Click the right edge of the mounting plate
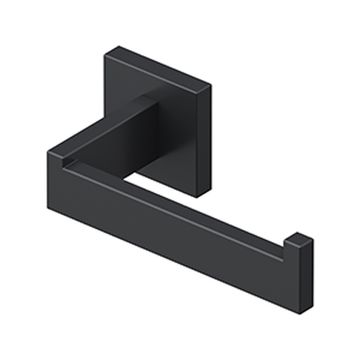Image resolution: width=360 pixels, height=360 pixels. point(212,130)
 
